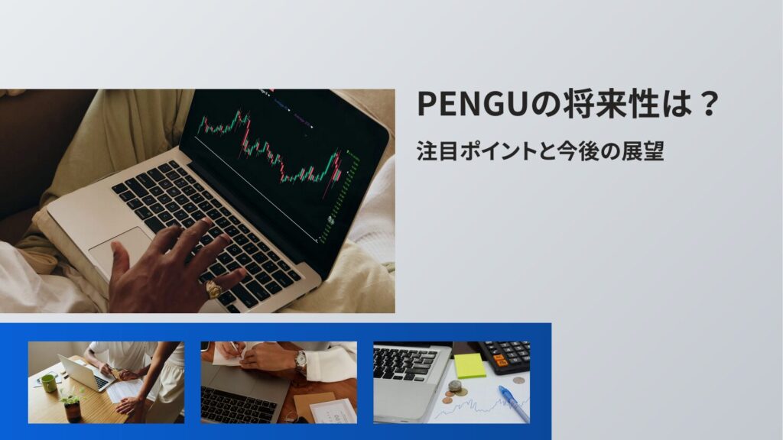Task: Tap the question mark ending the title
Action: (707, 105)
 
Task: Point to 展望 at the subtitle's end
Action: (645, 150)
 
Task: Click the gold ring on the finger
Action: (213, 290)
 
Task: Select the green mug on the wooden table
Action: (48, 383)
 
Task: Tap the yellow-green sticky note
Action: (469, 365)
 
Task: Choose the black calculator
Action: (505, 355)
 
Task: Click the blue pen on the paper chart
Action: (514, 403)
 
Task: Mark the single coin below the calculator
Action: (519, 380)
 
